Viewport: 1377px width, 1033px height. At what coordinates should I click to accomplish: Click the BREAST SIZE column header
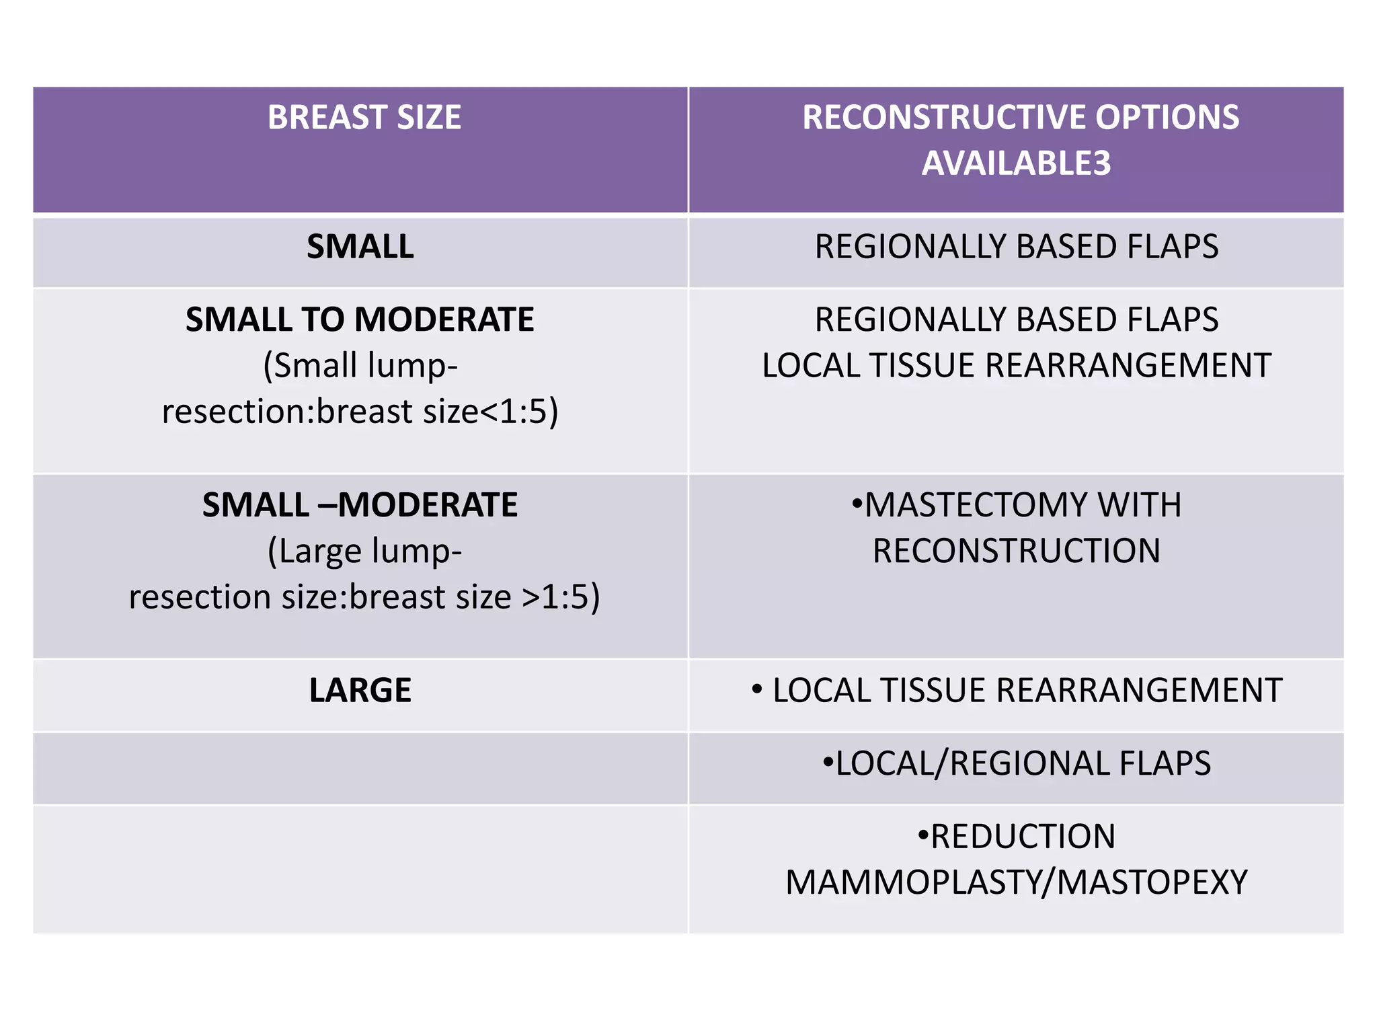[364, 118]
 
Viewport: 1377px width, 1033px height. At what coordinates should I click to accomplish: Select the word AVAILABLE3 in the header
[1016, 163]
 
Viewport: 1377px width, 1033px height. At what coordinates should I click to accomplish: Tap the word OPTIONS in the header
[1167, 118]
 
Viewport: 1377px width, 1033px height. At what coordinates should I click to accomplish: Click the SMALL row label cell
[360, 247]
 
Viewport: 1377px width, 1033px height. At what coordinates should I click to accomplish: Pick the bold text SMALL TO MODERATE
[360, 319]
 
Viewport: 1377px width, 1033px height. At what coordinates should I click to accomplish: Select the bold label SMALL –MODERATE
[360, 505]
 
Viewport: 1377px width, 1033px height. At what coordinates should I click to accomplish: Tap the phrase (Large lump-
[364, 551]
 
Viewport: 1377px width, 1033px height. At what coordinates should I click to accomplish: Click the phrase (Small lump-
[360, 366]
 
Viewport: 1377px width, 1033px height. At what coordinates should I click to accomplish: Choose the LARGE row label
[360, 691]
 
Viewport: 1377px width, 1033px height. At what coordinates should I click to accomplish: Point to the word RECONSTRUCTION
[1016, 551]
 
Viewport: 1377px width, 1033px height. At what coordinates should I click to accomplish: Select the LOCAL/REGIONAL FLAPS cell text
[1016, 764]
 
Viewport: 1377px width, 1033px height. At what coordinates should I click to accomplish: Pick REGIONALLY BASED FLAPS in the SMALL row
[1016, 247]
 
